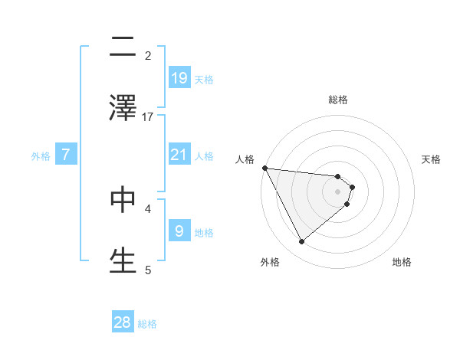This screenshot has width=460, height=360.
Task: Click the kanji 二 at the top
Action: [123, 47]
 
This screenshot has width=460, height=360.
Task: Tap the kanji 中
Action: [123, 199]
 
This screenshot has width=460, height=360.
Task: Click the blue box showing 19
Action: [179, 77]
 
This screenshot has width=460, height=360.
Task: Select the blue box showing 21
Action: [179, 155]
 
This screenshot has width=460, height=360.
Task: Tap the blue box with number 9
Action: [179, 231]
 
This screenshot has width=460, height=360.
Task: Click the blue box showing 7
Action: [66, 155]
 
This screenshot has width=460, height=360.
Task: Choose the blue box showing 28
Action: [123, 322]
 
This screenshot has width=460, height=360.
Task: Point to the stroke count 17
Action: [148, 116]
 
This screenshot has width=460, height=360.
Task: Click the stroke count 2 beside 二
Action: [148, 55]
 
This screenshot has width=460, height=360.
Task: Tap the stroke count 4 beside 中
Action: [148, 208]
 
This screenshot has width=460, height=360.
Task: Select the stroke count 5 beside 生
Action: [148, 269]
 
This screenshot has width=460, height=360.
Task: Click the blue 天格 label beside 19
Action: [204, 79]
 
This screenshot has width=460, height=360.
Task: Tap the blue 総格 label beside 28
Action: [147, 324]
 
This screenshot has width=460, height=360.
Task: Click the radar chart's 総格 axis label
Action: [338, 100]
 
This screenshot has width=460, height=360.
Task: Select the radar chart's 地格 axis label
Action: [402, 262]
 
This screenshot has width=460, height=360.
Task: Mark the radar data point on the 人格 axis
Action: [264, 168]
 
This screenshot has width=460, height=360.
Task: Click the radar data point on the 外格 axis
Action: [301, 242]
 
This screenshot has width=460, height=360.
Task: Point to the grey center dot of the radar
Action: [338, 191]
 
